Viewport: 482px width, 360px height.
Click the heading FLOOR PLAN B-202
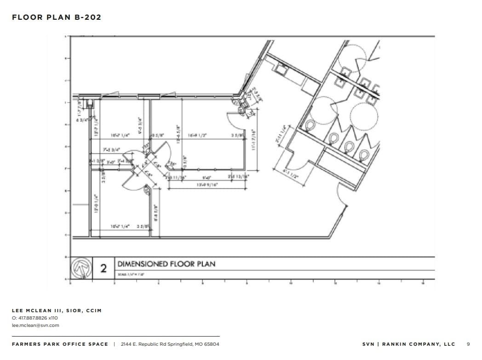click(x=57, y=17)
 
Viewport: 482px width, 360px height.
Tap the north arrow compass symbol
click(x=81, y=268)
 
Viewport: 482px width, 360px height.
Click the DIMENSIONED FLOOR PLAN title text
click(x=166, y=264)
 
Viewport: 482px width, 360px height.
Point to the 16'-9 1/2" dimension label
click(x=197, y=136)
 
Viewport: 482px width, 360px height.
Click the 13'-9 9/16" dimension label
click(x=207, y=185)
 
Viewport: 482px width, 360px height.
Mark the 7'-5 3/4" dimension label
click(x=111, y=149)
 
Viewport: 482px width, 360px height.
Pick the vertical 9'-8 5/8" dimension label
click(x=156, y=213)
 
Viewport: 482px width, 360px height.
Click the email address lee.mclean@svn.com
click(x=35, y=325)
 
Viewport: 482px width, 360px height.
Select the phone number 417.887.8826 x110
click(x=35, y=318)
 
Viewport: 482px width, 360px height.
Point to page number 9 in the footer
click(x=468, y=344)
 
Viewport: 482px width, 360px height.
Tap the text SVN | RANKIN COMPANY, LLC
click(x=408, y=344)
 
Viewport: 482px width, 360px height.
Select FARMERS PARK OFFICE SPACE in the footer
click(x=60, y=344)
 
